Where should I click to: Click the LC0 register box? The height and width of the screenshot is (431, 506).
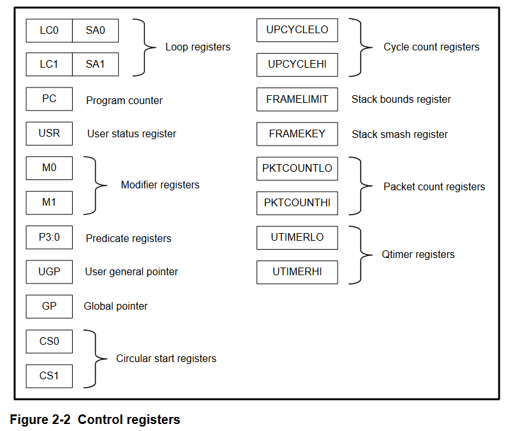[49, 31]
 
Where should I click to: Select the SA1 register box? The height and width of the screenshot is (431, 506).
[95, 64]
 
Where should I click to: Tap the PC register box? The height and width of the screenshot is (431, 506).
[49, 99]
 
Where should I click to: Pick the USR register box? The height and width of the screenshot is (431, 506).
[49, 133]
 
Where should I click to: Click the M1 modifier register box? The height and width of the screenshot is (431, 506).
[49, 203]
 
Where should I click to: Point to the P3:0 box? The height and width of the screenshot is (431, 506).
[49, 238]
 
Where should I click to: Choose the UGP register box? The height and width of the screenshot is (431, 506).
[49, 271]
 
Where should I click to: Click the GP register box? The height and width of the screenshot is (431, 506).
[49, 306]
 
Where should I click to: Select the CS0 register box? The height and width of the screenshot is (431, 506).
[49, 341]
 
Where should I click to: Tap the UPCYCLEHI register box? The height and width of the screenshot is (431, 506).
[297, 64]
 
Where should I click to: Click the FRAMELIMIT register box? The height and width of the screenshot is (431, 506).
[297, 99]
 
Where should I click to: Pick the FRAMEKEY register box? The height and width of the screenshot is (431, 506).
[297, 133]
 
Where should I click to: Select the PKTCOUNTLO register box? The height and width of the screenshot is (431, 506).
[297, 169]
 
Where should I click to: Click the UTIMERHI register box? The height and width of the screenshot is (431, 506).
[297, 271]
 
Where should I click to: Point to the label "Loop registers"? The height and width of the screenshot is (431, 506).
[198, 47]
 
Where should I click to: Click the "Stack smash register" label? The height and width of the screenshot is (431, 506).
[399, 135]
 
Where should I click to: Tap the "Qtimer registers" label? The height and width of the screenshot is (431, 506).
[418, 255]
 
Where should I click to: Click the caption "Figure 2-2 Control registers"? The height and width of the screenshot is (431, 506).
[95, 420]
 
